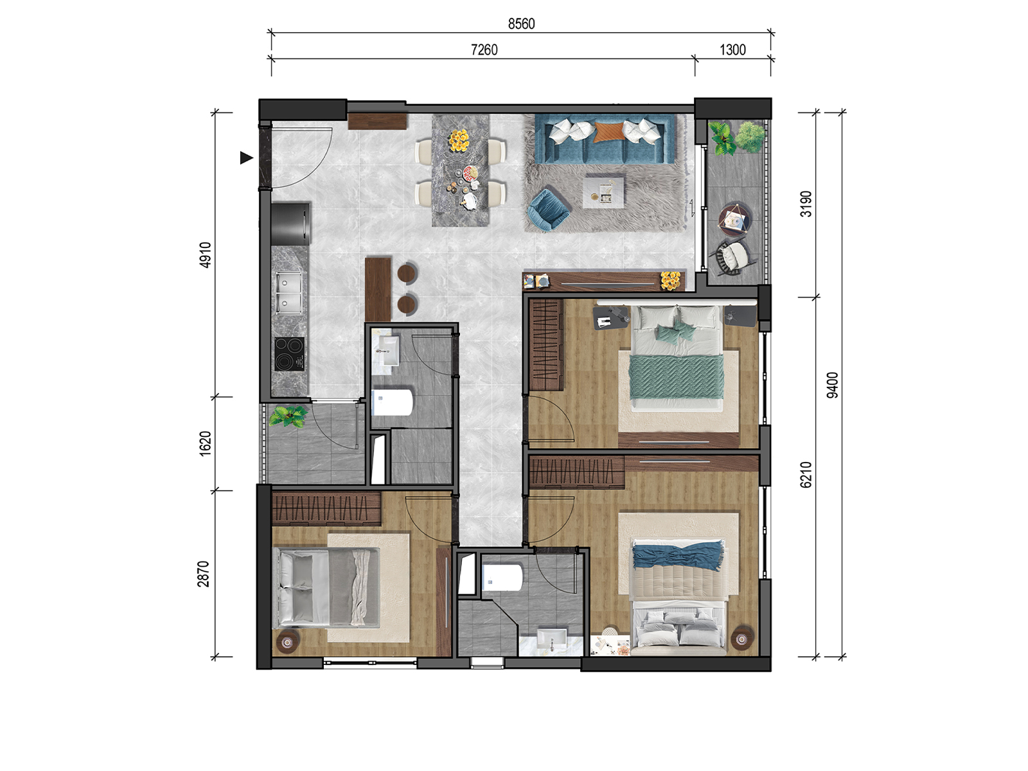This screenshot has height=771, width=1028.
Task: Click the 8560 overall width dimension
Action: (x=521, y=23)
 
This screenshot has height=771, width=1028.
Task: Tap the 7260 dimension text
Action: (x=484, y=49)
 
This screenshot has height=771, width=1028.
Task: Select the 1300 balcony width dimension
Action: (x=732, y=49)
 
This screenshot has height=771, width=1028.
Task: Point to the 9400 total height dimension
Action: (x=832, y=385)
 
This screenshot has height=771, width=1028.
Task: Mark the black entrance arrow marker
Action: (x=246, y=158)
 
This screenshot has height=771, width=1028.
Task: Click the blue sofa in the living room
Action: (x=605, y=139)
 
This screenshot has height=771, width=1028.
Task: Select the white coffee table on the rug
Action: (x=604, y=191)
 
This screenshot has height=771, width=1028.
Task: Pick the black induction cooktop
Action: (x=289, y=355)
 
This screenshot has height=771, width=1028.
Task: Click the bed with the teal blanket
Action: (x=677, y=358)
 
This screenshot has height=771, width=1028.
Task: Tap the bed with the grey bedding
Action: (x=326, y=587)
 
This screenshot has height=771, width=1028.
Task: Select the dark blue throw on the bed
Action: (x=678, y=556)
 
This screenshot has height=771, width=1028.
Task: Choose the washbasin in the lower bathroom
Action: (x=552, y=640)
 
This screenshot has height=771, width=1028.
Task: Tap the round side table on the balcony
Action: (x=735, y=219)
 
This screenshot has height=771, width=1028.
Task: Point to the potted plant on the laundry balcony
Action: (x=288, y=416)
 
